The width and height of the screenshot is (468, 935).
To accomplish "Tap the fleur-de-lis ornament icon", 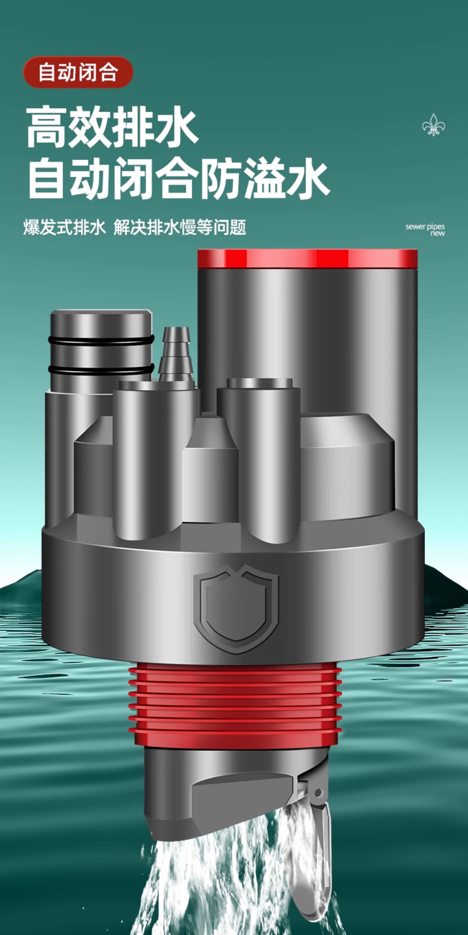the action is coord(433,125).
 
